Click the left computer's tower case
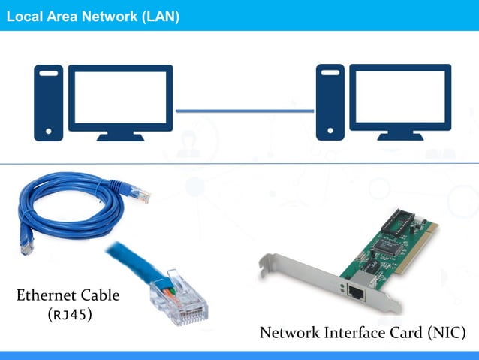48,102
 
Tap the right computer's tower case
330,102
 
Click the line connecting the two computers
245,112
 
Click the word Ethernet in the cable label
47,295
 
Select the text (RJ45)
69,314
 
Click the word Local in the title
22,16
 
